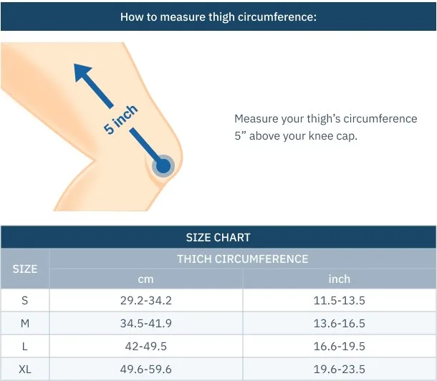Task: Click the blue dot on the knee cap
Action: (x=163, y=166)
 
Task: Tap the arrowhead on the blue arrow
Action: (x=83, y=72)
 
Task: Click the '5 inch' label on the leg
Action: (x=120, y=120)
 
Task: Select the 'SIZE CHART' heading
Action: (x=218, y=238)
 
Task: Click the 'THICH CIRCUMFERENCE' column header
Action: (x=243, y=259)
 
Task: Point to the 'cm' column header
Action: (x=145, y=279)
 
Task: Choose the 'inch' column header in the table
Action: (x=339, y=279)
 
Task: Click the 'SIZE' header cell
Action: (x=25, y=269)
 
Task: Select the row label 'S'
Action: (x=25, y=301)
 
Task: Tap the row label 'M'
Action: (x=25, y=324)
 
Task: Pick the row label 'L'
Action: (x=25, y=347)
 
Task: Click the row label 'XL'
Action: (x=25, y=370)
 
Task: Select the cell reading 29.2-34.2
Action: (x=145, y=301)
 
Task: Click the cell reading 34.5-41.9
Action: (x=145, y=324)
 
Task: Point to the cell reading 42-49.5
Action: (x=145, y=347)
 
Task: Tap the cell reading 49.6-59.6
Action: (x=145, y=370)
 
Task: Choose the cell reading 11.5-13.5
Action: (x=339, y=301)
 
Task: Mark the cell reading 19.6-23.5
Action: (x=339, y=370)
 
